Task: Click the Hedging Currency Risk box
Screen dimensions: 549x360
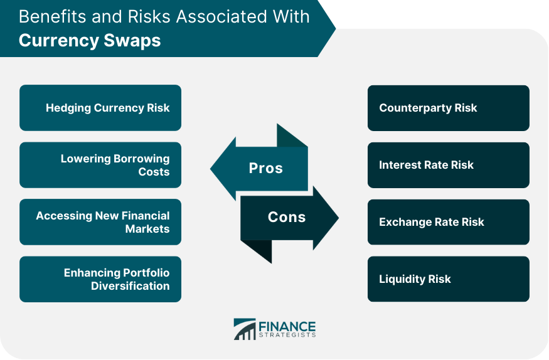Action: coord(100,108)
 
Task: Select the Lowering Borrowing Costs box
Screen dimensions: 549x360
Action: coord(100,165)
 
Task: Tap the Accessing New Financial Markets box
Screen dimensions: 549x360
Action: coord(100,222)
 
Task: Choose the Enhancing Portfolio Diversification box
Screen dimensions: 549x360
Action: coord(100,279)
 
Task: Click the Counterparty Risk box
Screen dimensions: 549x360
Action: coord(449,108)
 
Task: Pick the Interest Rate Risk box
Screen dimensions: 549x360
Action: coord(449,165)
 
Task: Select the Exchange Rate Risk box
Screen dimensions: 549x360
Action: coord(449,222)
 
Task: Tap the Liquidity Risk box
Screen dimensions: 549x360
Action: coord(449,279)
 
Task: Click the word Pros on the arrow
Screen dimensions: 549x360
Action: coord(266,168)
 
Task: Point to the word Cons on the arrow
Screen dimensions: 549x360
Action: coord(287,217)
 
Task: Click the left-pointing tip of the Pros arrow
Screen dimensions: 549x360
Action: coord(210,169)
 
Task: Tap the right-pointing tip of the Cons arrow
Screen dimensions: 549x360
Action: coord(339,218)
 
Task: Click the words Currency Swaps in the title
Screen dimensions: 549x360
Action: coord(90,40)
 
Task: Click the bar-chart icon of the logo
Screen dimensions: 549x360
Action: coord(245,329)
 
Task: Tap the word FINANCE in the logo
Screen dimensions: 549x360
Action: coord(287,327)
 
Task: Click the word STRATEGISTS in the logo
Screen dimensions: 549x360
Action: coord(287,335)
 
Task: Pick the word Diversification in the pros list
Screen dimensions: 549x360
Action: coord(131,286)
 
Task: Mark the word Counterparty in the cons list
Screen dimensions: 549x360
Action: coord(415,108)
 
